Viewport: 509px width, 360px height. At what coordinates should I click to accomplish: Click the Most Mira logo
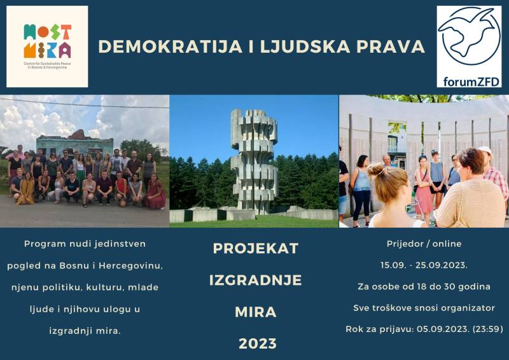pyautogui.click(x=47, y=46)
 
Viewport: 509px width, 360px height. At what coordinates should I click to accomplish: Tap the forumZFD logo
pyautogui.click(x=469, y=46)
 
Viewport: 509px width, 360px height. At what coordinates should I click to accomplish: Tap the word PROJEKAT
pyautogui.click(x=255, y=249)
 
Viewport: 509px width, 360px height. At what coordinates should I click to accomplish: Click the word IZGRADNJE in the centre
pyautogui.click(x=255, y=280)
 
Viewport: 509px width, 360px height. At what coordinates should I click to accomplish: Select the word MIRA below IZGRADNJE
pyautogui.click(x=255, y=312)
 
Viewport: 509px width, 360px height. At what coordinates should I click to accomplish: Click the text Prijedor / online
pyautogui.click(x=424, y=244)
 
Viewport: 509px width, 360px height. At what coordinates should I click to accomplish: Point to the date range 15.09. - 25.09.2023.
pyautogui.click(x=424, y=265)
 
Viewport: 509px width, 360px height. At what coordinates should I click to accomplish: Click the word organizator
pyautogui.click(x=464, y=308)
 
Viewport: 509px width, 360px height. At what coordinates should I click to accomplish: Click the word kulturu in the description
pyautogui.click(x=111, y=287)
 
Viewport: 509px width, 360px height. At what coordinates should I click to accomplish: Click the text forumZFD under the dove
pyautogui.click(x=469, y=81)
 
